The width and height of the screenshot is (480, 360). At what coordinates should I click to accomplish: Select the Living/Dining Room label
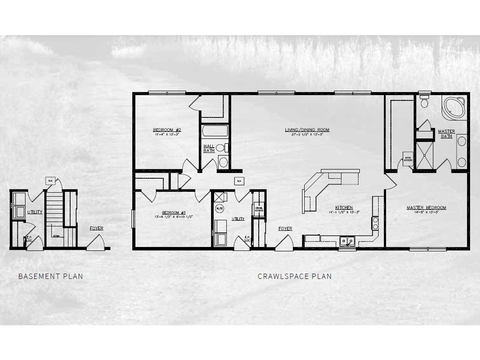pyautogui.click(x=307, y=130)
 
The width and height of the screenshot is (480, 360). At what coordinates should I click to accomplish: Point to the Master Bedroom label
pyautogui.click(x=426, y=208)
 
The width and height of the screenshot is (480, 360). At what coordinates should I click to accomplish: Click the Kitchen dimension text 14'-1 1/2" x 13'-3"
pyautogui.click(x=344, y=212)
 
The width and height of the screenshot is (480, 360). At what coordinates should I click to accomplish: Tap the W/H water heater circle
pyautogui.click(x=219, y=208)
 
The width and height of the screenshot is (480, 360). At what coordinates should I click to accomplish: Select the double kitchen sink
pyautogui.click(x=347, y=241)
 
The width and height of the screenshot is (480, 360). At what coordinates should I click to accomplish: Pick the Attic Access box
pyautogui.click(x=408, y=159)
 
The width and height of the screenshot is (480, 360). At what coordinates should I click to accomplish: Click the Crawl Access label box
pyautogui.click(x=259, y=210)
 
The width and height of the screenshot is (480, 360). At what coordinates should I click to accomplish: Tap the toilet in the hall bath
pyautogui.click(x=221, y=148)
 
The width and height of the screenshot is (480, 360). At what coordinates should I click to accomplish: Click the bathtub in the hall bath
pyautogui.click(x=215, y=131)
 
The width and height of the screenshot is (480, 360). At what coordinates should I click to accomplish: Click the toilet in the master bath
pyautogui.click(x=425, y=102)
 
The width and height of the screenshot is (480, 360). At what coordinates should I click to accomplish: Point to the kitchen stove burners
pyautogui.click(x=375, y=223)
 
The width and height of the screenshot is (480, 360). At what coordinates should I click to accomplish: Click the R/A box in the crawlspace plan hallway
pyautogui.click(x=239, y=181)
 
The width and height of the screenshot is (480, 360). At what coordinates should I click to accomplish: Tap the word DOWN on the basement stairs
pyautogui.click(x=56, y=236)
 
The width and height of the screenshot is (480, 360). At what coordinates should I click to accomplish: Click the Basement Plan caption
pyautogui.click(x=51, y=276)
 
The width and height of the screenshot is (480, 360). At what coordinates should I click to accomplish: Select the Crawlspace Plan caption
pyautogui.click(x=294, y=276)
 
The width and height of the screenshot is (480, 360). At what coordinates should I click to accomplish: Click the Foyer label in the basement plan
pyautogui.click(x=97, y=228)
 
